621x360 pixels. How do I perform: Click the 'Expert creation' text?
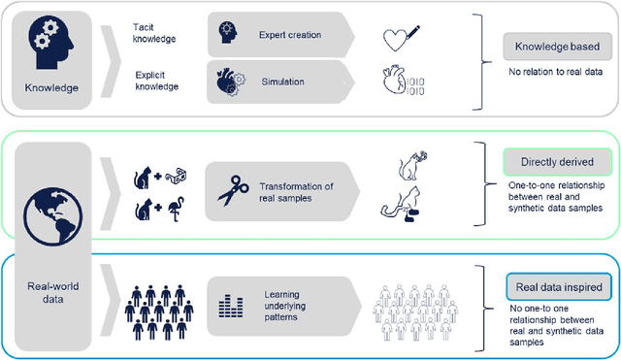tap(289, 34)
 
